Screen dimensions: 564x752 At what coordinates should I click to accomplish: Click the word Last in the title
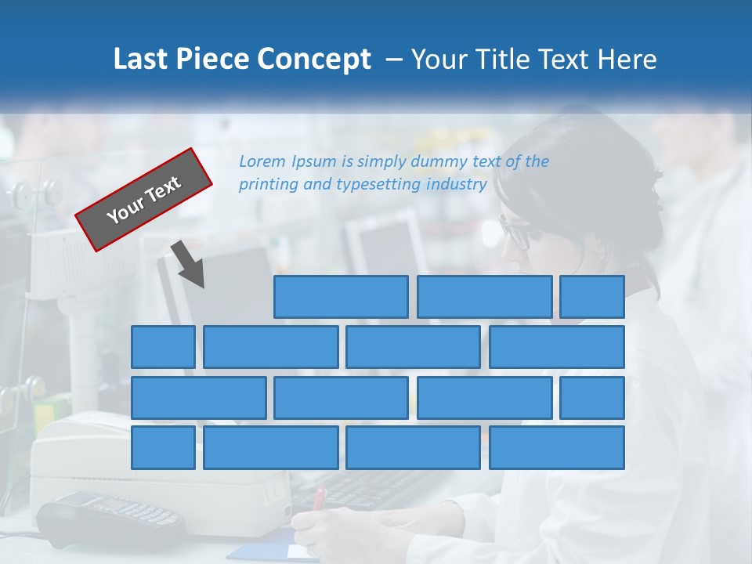click(x=139, y=60)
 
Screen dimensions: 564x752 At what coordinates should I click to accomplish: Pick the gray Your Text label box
click(x=144, y=200)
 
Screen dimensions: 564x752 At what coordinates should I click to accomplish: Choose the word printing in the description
click(x=269, y=185)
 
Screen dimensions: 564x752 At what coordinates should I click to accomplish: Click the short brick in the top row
click(x=592, y=297)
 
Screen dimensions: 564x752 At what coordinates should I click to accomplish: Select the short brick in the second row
click(x=163, y=347)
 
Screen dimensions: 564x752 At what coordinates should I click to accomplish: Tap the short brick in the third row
click(x=592, y=398)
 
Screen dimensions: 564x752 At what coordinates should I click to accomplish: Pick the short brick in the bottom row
click(x=163, y=448)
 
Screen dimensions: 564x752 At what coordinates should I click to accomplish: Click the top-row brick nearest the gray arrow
click(x=341, y=297)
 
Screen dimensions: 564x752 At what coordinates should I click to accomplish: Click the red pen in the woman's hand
click(x=319, y=498)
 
